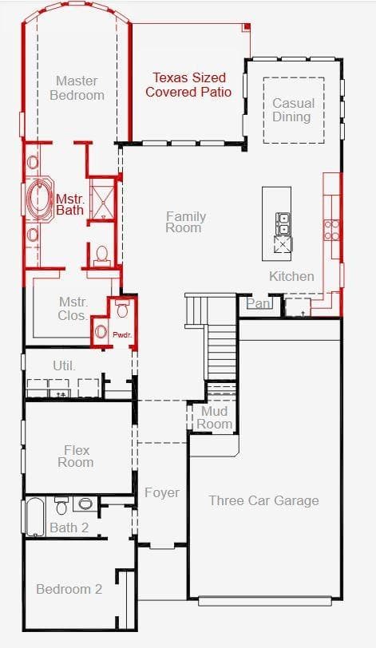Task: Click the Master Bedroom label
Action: click(77, 88)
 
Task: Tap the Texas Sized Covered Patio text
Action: click(188, 85)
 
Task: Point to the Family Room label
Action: click(185, 222)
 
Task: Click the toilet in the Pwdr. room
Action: click(122, 308)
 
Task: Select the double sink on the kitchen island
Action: click(283, 223)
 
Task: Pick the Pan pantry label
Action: click(258, 304)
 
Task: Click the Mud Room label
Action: click(214, 417)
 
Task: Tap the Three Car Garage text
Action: click(264, 500)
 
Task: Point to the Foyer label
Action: click(162, 492)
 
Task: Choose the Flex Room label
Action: click(76, 456)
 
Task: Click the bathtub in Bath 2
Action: click(35, 516)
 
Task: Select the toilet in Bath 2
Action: click(61, 505)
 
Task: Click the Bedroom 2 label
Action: click(69, 589)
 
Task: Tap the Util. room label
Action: click(65, 365)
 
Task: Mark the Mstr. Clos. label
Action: click(73, 309)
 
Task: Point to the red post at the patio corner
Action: click(247, 27)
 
